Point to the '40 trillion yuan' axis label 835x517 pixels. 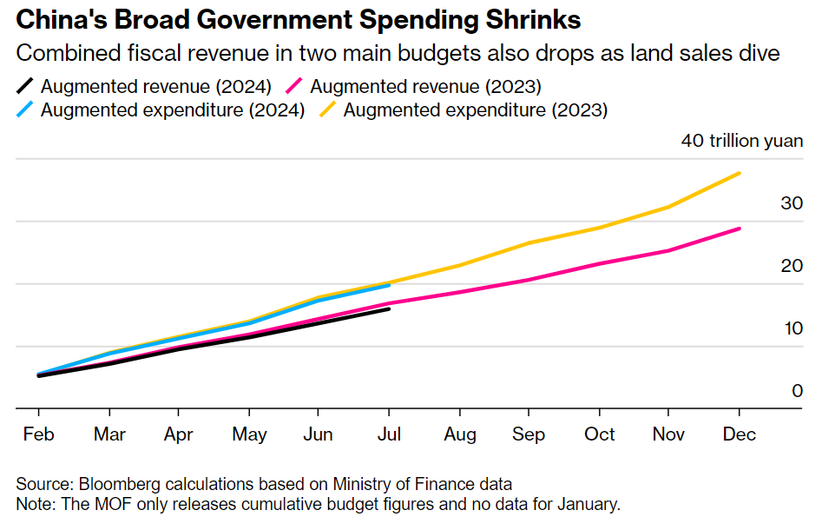(742, 141)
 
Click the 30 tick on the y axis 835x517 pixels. (792, 203)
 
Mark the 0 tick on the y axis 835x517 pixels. (797, 391)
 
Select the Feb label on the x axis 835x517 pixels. (38, 434)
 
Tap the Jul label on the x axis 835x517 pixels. (388, 434)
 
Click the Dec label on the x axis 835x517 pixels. (739, 434)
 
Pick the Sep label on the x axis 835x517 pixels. (529, 434)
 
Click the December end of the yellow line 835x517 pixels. (739, 173)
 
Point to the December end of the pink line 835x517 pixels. (739, 229)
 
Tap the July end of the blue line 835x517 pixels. (388, 285)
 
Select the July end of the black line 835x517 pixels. (388, 308)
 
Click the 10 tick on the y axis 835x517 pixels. (792, 328)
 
